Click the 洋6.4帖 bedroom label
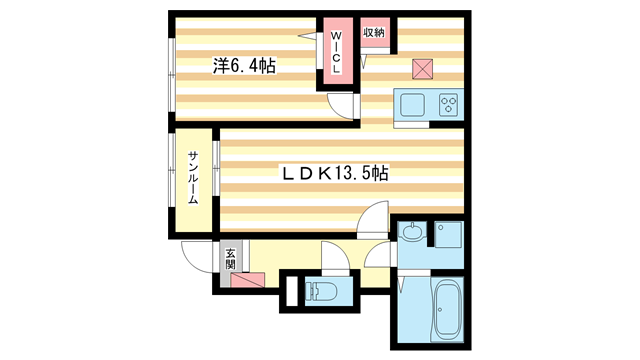coord(244,67)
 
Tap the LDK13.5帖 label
coord(334,173)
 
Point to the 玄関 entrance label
coord(230,257)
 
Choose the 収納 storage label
coord(374,32)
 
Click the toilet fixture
coord(323,292)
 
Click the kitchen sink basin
coord(412,103)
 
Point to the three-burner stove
coord(446,103)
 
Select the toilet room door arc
coord(334,258)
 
